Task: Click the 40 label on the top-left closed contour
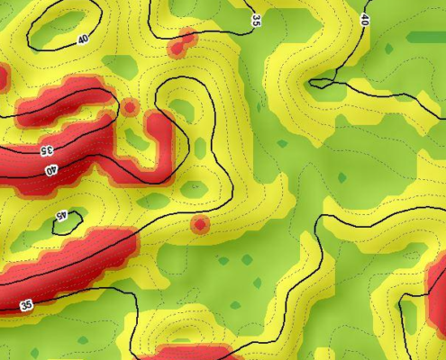[84, 40]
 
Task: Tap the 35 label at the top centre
[257, 19]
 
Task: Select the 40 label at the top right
[365, 19]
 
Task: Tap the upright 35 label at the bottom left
[26, 306]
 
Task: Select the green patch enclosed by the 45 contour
[68, 222]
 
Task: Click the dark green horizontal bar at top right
[425, 38]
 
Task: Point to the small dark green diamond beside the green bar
[389, 48]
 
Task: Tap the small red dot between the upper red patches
[130, 107]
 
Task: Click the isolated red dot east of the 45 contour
[200, 224]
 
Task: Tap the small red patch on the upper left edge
[3, 77]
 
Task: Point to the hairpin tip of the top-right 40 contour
[312, 84]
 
